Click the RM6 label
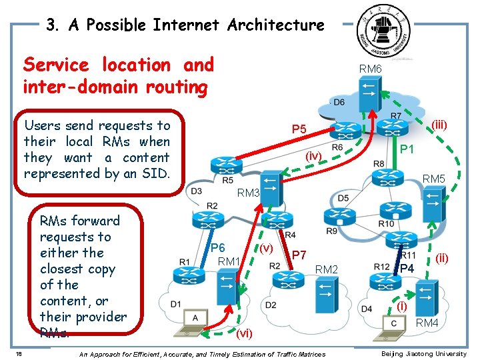tap(370, 69)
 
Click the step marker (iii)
tap(439, 125)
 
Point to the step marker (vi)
tap(244, 333)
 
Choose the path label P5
tap(299, 129)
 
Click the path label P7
tap(299, 255)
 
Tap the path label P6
tap(217, 247)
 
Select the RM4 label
tap(427, 324)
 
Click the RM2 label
tap(327, 269)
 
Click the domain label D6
tap(338, 102)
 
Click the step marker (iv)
tap(313, 156)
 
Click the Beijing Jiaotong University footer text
tap(423, 353)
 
